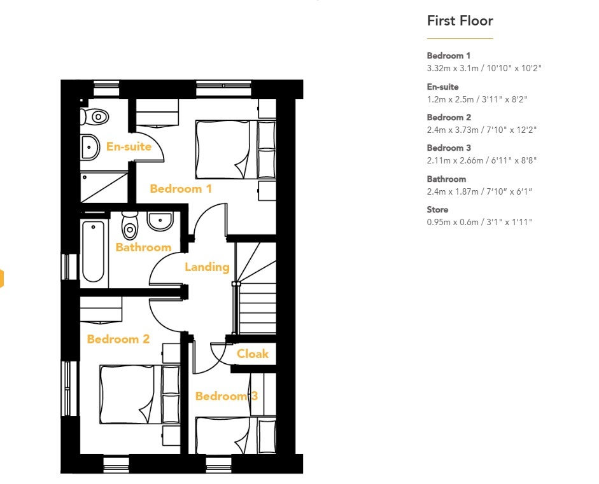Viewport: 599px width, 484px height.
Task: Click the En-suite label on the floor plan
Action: point(129,146)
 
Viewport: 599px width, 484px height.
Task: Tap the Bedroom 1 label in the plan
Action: point(181,188)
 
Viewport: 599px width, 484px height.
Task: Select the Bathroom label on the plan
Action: point(143,247)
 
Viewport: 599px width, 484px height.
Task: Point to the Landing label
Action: point(207,267)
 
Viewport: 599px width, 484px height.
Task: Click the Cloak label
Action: point(253,354)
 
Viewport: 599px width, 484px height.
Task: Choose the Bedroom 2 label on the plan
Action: point(118,339)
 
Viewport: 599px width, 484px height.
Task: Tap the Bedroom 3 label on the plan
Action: point(227,396)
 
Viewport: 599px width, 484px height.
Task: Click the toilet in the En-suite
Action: point(94,116)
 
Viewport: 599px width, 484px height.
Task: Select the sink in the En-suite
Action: point(90,148)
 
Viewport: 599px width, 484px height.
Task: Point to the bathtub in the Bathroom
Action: point(93,251)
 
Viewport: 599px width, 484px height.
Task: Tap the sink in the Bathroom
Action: point(160,221)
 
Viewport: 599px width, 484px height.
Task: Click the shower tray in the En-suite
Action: point(104,188)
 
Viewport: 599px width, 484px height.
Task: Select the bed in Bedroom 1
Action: point(236,149)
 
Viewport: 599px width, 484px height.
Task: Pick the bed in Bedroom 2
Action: point(140,394)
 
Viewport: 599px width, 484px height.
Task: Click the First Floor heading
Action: point(460,20)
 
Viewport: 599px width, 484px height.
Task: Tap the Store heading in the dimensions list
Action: point(437,209)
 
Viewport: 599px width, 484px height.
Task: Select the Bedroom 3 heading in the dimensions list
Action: point(449,148)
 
